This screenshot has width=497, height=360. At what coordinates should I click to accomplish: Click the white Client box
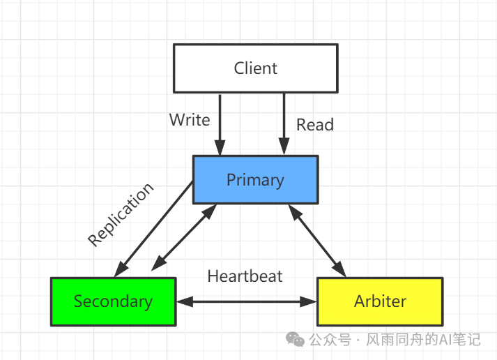tap(255, 68)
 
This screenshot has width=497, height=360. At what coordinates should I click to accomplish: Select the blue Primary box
tap(255, 180)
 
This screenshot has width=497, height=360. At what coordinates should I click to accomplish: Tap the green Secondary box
tap(113, 301)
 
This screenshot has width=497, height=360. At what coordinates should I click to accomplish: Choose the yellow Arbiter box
tap(380, 301)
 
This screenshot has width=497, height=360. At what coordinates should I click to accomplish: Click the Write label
tap(189, 120)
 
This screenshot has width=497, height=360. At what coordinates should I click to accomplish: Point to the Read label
tap(315, 125)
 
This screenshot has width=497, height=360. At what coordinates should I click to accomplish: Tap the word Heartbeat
tap(245, 276)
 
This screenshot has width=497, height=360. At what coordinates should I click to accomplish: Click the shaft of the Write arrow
tap(220, 119)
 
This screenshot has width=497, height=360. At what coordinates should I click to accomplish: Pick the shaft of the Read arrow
tap(284, 119)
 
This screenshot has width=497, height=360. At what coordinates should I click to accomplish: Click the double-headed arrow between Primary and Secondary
tap(183, 238)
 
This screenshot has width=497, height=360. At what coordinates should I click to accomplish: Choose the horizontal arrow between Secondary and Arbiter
tap(246, 302)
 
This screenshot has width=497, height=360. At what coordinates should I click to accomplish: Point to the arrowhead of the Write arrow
tap(220, 149)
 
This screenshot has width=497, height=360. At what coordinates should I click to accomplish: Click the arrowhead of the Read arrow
tap(284, 149)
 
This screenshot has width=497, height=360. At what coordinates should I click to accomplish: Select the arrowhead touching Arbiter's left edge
tap(311, 302)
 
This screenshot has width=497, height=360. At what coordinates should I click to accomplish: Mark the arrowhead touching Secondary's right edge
tap(183, 302)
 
